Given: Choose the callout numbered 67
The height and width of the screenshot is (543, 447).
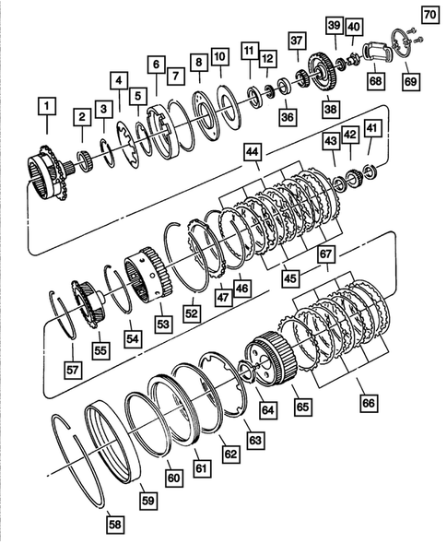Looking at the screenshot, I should point(323,254).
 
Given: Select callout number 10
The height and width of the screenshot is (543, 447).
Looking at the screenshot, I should point(219,58).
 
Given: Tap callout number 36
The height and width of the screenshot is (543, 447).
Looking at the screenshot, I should point(288,117).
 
